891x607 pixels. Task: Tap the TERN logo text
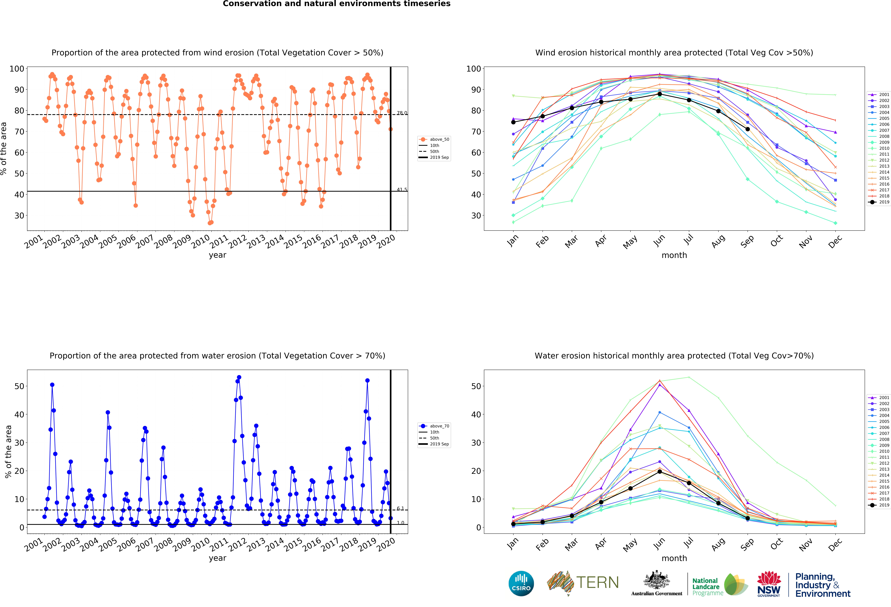(x=597, y=582)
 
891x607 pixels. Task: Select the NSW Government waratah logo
(x=769, y=584)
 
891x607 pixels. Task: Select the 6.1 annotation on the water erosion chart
(x=400, y=508)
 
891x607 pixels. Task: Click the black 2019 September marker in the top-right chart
(x=748, y=129)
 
